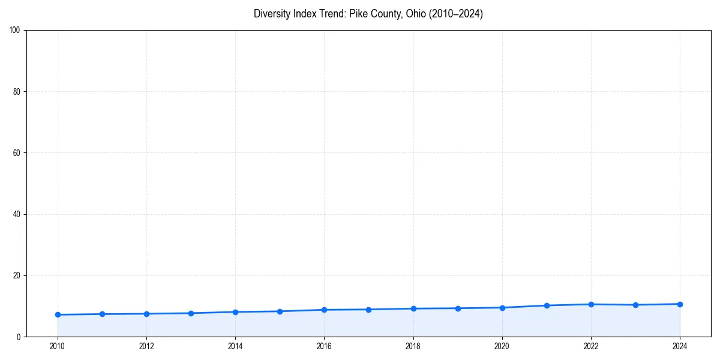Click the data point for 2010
[58, 314]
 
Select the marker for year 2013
[191, 313]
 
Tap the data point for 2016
[324, 310]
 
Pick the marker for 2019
[458, 308]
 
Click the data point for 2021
[547, 305]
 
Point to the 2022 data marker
[591, 304]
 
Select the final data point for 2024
[680, 304]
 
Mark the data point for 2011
[102, 314]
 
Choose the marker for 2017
[368, 310]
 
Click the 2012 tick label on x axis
[146, 346]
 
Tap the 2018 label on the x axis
[413, 346]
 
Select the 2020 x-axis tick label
[502, 346]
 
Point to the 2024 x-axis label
[680, 346]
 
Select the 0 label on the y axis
[19, 337]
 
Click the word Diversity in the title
[271, 14]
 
